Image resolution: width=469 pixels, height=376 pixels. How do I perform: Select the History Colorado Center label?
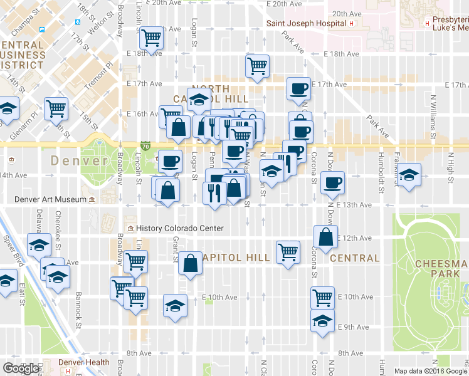point(179,228)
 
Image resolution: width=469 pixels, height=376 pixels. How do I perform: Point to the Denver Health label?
point(84,362)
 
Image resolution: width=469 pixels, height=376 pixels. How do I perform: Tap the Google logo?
point(21,368)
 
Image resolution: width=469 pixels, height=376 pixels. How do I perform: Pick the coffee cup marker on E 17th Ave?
point(298,88)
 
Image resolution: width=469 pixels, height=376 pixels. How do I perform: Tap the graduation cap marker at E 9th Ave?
point(322,320)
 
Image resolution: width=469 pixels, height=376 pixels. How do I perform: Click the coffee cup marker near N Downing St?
point(332,182)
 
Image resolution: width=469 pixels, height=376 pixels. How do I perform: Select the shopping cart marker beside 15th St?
point(56,108)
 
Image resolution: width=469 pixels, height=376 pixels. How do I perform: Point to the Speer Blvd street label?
point(14,248)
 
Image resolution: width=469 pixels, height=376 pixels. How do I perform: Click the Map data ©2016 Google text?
point(430,371)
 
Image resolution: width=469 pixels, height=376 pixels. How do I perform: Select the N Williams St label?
point(433,122)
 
